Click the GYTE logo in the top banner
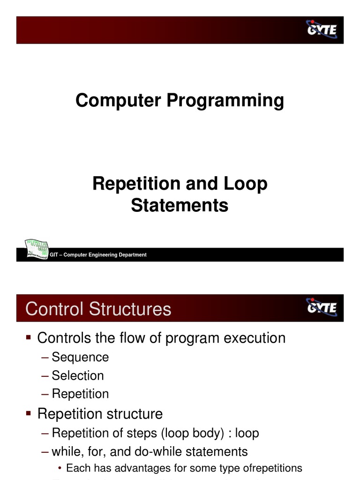coord(322,30)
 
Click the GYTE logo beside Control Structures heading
coord(322,307)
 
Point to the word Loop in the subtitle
coord(246,184)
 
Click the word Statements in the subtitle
coord(180,205)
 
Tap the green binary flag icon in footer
coord(36,249)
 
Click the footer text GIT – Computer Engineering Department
coord(98,255)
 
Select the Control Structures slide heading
coord(98,309)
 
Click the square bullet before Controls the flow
coord(29,337)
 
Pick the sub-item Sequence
coord(80,357)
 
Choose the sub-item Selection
coord(78,375)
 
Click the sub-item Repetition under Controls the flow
coord(80,394)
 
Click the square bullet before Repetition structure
coord(29,413)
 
